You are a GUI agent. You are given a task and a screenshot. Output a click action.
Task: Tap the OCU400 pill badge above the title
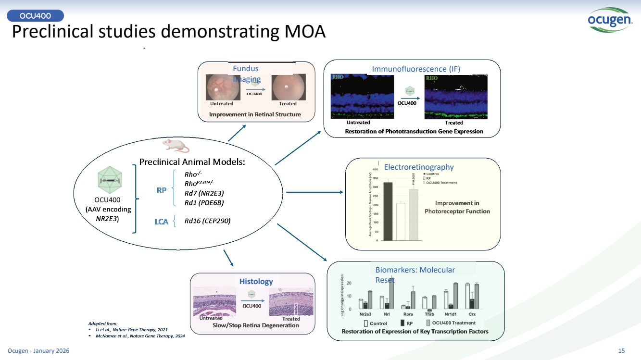36,16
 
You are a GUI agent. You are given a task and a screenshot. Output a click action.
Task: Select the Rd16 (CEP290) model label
207,221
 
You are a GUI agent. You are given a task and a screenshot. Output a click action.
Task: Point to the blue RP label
162,190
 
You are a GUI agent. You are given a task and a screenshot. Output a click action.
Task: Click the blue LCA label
161,222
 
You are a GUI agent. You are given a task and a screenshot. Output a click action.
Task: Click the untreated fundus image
222,87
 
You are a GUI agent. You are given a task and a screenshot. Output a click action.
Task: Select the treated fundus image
288,87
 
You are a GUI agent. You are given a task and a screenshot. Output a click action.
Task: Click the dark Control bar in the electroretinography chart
388,211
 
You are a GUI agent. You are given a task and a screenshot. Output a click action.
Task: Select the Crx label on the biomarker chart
473,314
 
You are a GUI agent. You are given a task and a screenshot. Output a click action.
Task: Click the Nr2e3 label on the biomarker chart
365,314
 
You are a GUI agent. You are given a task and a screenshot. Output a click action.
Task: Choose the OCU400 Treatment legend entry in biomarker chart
451,323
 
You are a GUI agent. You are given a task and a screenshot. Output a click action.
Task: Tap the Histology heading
256,282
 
